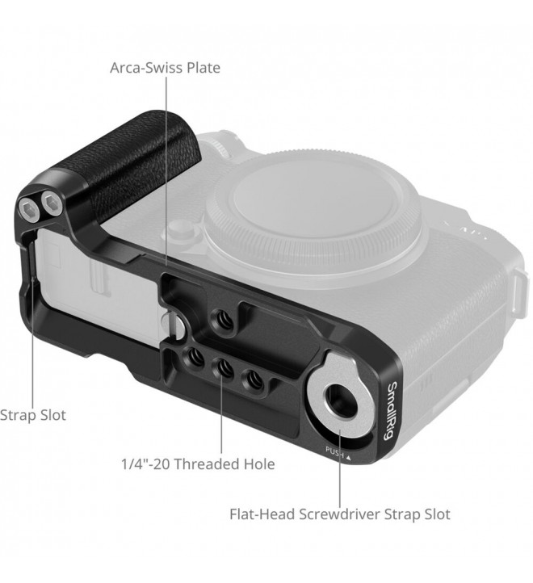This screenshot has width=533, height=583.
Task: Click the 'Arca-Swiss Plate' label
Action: point(165,68)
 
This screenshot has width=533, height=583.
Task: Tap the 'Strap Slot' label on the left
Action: point(33,415)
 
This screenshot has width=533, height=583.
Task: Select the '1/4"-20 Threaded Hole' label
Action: point(198,464)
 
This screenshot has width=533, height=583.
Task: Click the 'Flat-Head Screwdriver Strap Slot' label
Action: point(340,514)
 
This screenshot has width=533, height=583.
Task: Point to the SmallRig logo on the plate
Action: point(391,411)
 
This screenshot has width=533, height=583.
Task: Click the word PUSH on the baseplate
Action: point(335,451)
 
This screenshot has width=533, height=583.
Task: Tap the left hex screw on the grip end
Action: point(29,212)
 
